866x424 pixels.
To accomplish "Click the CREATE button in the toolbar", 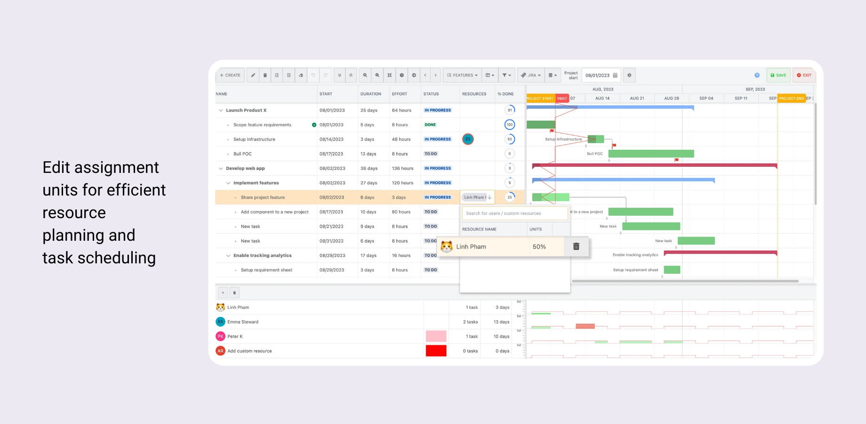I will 230,75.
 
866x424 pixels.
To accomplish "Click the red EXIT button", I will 804,75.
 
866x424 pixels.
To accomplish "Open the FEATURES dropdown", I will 462,75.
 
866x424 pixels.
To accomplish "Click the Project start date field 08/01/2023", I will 598,75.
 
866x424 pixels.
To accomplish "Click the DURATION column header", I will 371,94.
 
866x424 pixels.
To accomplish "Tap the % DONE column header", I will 505,94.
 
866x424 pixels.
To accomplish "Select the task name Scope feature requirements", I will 262,125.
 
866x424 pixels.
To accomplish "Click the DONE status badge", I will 430,125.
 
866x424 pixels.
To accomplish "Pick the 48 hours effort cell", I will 401,139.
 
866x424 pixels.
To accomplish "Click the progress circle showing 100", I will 509,125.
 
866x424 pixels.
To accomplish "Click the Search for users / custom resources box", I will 514,213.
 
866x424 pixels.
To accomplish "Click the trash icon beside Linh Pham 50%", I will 576,246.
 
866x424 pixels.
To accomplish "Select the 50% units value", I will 539,247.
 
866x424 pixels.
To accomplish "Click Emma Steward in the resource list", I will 243,322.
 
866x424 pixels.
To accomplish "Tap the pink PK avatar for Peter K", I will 220,336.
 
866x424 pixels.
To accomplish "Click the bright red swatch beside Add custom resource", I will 436,351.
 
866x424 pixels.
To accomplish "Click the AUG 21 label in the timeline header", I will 637,98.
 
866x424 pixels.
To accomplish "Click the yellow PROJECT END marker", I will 791,98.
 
